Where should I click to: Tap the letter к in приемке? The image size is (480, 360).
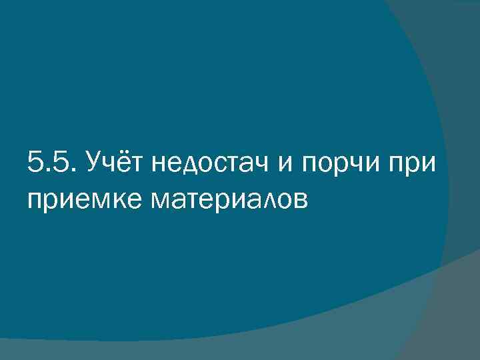pos(110,199)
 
